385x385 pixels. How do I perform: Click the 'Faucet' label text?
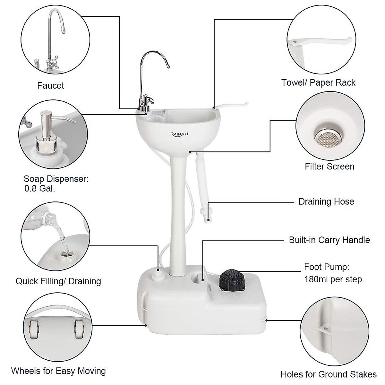tap(51, 86)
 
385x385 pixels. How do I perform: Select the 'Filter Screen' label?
tap(329, 167)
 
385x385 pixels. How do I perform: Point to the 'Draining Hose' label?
tap(326, 201)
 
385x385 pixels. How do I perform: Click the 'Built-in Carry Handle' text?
tap(329, 240)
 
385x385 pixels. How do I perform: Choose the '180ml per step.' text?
tap(334, 279)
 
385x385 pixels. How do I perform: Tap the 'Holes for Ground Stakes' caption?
tap(329, 374)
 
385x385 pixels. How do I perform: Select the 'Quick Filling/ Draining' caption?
tap(58, 281)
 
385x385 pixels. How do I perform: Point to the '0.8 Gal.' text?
tap(39, 188)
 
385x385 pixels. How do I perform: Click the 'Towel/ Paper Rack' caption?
tap(318, 82)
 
